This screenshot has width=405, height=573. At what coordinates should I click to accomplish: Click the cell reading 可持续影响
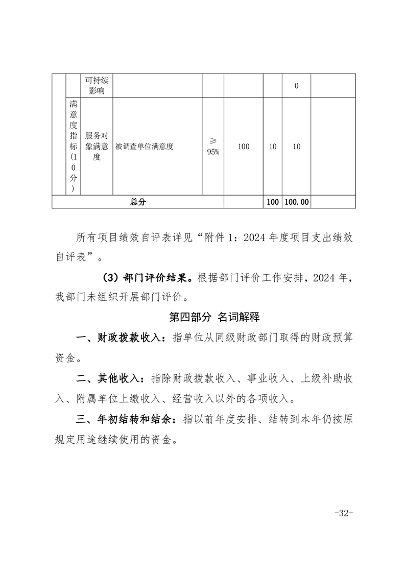click(x=97, y=86)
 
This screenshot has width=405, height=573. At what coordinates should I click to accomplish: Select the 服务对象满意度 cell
click(x=97, y=147)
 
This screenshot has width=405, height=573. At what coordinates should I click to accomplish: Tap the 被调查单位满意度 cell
click(x=145, y=147)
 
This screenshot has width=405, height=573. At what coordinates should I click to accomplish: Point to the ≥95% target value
click(x=213, y=147)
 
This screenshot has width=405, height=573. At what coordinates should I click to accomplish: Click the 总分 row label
click(x=138, y=202)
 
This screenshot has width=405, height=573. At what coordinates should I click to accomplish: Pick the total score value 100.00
click(x=296, y=202)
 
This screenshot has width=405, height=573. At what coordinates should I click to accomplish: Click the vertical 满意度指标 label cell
click(x=74, y=147)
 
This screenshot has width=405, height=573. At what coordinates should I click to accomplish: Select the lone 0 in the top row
click(x=296, y=86)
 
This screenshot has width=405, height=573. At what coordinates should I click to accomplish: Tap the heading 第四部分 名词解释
click(x=215, y=317)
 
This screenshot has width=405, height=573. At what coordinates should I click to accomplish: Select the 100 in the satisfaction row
click(x=244, y=147)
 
